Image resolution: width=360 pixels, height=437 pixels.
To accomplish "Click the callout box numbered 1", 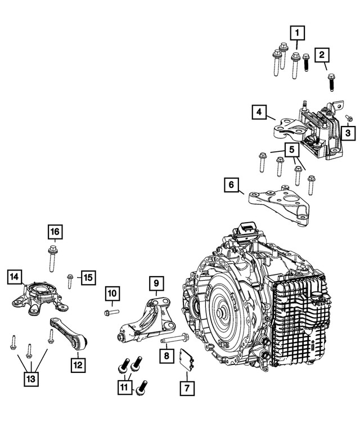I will tap(298, 33).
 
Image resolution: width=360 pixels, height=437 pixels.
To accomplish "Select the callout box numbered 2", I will tap(322, 55).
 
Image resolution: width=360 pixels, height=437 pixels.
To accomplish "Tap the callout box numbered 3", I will tap(348, 133).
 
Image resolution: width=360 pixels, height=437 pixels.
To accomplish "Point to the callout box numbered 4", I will tap(258, 113).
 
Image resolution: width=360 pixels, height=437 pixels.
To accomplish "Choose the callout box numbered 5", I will tap(292, 150).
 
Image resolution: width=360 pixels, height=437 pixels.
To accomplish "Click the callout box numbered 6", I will tap(231, 184).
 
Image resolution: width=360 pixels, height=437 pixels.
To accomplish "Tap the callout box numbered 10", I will tap(112, 293).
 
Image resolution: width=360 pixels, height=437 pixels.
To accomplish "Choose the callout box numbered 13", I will tap(31, 380).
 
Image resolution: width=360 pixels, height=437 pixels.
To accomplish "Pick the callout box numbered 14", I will tap(15, 277).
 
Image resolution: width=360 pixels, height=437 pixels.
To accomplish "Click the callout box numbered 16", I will tap(54, 232).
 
